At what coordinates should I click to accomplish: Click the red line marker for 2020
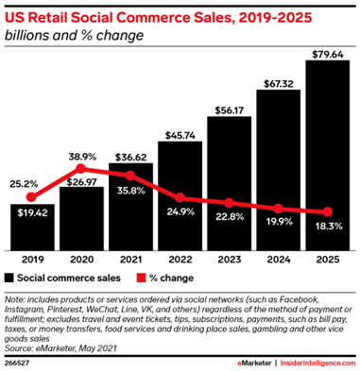[x=80, y=171]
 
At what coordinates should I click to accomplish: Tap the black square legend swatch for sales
[x=10, y=278]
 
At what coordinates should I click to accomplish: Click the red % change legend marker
[x=144, y=278]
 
